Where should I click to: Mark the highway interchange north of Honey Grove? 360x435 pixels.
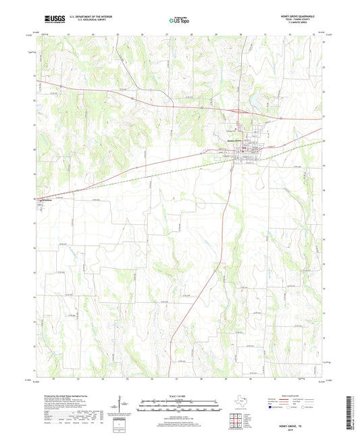238,110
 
